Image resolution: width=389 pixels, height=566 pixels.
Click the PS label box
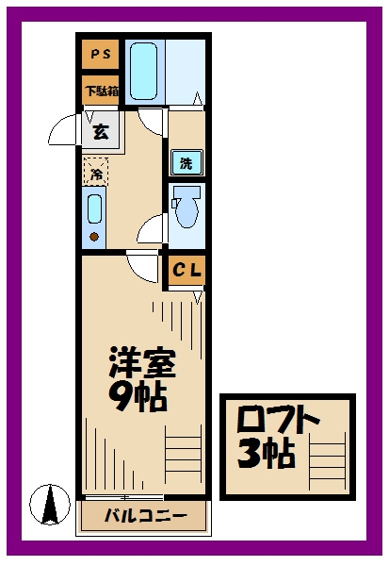point(99,56)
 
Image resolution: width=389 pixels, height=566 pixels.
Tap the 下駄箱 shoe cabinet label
point(100,92)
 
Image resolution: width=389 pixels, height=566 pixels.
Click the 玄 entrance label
point(100,131)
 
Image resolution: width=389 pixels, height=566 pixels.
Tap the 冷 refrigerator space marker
point(95,172)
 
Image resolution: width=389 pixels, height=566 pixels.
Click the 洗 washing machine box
point(186,163)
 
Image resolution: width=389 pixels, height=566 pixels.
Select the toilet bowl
point(186,208)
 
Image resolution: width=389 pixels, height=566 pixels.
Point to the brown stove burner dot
point(94,236)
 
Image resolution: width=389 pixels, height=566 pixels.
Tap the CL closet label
point(186,271)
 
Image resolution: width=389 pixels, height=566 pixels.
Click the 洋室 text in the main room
point(138,363)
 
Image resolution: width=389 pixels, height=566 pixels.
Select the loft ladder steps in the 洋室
point(185,458)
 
